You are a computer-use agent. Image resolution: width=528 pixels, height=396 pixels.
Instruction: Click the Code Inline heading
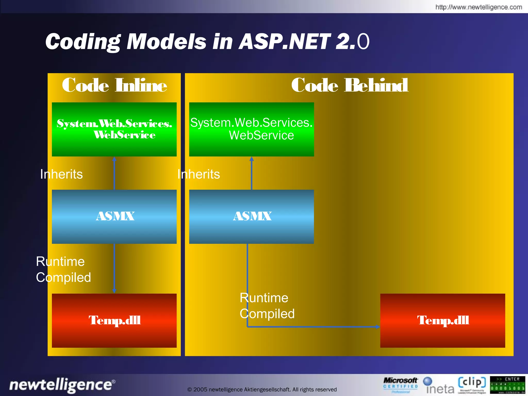(x=114, y=85)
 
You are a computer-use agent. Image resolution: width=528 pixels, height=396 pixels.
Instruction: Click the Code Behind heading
(x=349, y=85)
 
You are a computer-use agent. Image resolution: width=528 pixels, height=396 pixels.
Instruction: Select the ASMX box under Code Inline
(x=114, y=217)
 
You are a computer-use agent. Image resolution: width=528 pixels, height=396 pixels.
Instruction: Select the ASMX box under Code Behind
(x=251, y=217)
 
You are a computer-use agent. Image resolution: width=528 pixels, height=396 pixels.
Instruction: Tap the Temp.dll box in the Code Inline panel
(x=114, y=320)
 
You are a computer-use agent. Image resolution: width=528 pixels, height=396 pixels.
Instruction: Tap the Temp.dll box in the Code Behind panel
(x=442, y=320)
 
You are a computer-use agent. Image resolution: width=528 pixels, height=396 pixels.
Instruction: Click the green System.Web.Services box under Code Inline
(x=114, y=129)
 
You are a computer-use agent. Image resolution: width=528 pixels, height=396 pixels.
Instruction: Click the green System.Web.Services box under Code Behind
(x=251, y=129)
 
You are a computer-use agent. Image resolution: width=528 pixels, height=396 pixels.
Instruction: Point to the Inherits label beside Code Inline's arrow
(x=61, y=174)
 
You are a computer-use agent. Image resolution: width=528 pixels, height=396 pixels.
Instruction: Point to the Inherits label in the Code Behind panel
(x=199, y=174)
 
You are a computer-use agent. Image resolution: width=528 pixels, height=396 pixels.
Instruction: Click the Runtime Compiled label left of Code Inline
(x=63, y=269)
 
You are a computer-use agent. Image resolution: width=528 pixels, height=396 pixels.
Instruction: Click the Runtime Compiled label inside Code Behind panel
(x=267, y=306)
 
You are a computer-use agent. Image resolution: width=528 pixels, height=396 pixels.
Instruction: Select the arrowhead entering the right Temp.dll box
(x=378, y=327)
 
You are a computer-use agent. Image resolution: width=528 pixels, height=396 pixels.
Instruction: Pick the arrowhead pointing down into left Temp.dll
(x=114, y=291)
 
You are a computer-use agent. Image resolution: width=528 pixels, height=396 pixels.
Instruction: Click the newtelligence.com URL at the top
(x=478, y=7)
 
